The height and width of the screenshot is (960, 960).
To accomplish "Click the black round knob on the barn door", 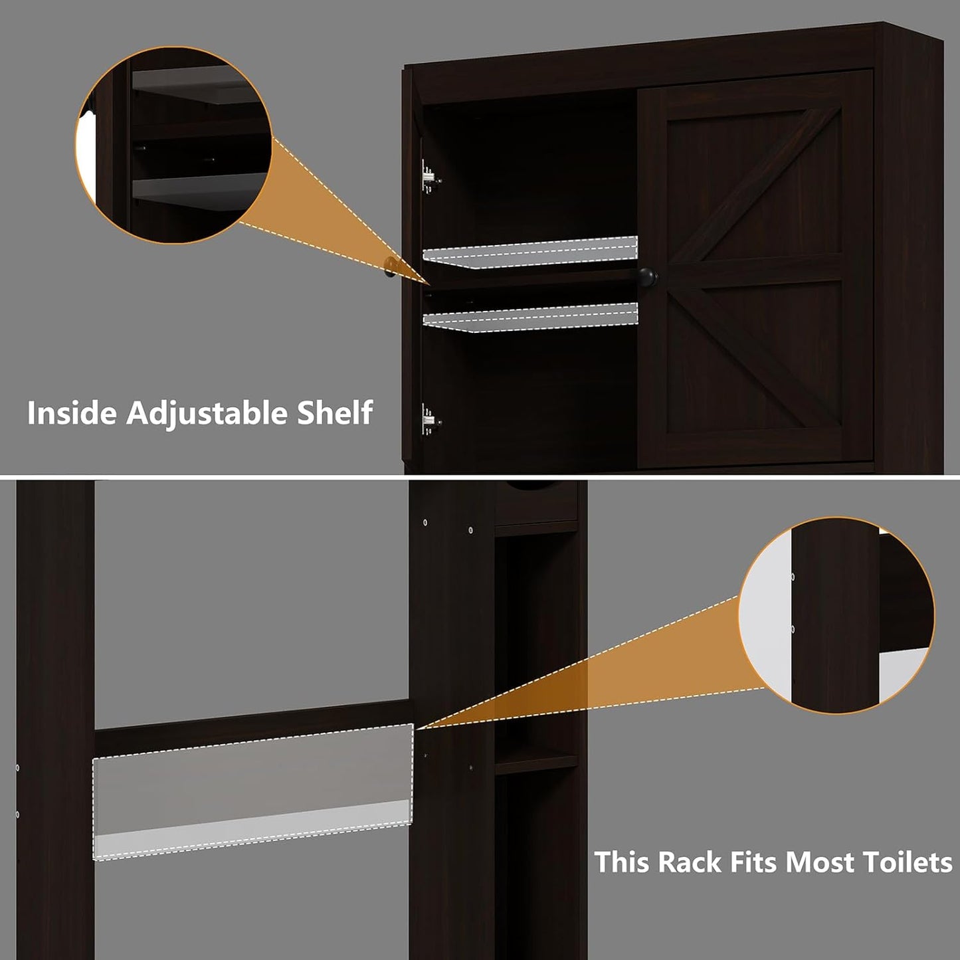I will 647,276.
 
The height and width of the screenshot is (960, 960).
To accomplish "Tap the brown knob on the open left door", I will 391,267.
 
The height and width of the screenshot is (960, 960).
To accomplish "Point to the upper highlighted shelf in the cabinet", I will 530,252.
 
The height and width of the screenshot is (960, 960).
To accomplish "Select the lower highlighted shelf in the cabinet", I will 530,318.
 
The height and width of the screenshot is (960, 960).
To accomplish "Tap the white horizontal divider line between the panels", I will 480,476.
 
